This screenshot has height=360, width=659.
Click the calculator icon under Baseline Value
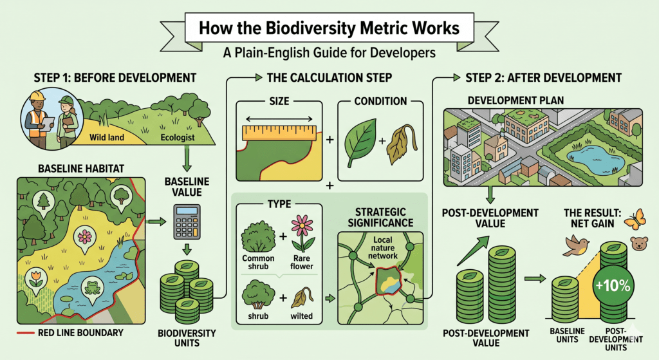coord(187,222)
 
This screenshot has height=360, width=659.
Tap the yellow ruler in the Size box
coord(279,133)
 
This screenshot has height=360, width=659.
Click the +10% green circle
coord(613,285)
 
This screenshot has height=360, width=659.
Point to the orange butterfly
coord(635,219)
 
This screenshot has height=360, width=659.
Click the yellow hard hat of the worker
coord(37,96)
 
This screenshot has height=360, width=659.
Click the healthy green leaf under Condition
coord(360,143)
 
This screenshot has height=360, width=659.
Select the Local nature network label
coord(382,248)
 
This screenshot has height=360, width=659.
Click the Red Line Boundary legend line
coord(25,333)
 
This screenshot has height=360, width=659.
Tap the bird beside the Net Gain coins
coord(576,245)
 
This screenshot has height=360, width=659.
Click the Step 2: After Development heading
coord(543,78)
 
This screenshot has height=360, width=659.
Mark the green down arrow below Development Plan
coord(490,195)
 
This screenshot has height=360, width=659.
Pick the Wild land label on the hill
coord(107,137)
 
